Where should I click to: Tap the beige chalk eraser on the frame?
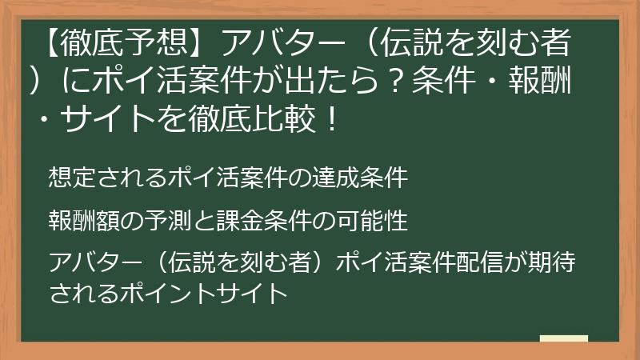click(x=564, y=338)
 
